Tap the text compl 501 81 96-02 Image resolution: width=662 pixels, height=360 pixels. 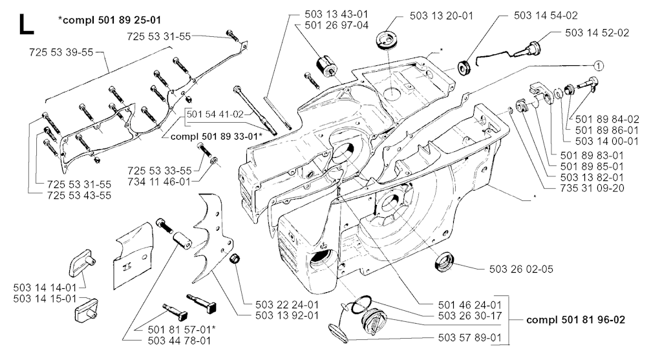[575, 319]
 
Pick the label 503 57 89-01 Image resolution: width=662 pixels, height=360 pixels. [470, 337]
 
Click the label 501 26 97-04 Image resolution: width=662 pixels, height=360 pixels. [336, 25]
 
